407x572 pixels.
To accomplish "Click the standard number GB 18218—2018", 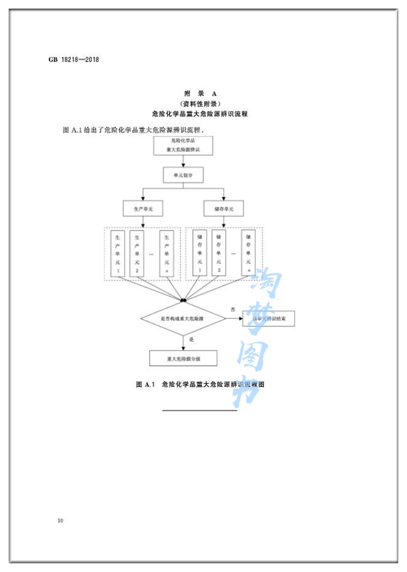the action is point(74,59).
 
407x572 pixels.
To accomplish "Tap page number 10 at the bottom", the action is point(61,520).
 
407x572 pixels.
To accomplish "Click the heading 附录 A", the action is point(200,94).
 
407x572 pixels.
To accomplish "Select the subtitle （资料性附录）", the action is point(200,104).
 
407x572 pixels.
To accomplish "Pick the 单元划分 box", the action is point(183,176).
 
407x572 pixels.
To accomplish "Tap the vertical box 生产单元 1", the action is point(118,253).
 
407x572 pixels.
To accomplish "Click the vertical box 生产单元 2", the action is point(137,253).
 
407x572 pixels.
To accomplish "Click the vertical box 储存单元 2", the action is point(219,253).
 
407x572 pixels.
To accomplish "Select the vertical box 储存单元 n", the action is point(248,253).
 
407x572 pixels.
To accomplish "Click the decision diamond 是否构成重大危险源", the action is point(183,319).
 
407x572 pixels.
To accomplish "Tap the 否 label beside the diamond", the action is point(233,309).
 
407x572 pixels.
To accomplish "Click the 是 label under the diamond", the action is point(191,339).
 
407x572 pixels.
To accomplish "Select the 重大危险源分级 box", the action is point(183,358).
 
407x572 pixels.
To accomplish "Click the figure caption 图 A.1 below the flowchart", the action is point(200,385).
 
